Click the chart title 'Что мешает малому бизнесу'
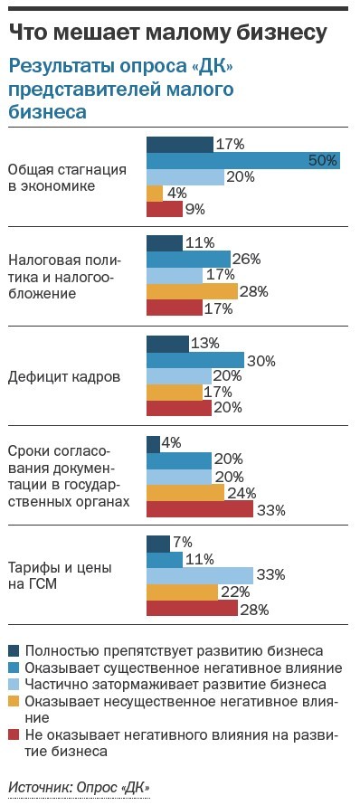coord(167,33)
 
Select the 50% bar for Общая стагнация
coord(242,160)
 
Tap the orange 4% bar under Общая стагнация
coord(155,193)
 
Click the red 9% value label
coord(195,209)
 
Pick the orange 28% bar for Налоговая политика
coord(191,291)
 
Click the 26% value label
coord(246,259)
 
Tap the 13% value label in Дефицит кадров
coord(204,343)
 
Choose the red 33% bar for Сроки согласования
coord(199,509)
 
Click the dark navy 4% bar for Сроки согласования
coord(153,443)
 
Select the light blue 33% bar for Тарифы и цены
coord(199,575)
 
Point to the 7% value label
coord(182,542)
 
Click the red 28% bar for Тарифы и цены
coord(191,608)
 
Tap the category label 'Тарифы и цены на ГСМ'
coord(60,576)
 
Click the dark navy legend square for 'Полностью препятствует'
coord(13,650)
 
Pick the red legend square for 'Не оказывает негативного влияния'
coord(13,734)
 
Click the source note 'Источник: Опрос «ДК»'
coord(79,786)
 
